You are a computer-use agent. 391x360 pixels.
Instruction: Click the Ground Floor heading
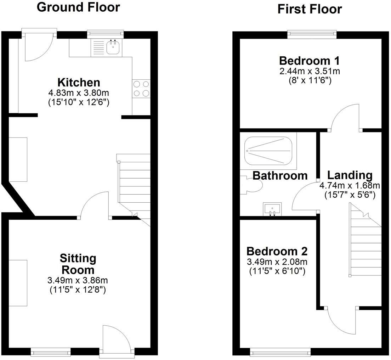coord(78,7)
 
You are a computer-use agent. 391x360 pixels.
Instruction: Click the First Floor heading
coord(310,9)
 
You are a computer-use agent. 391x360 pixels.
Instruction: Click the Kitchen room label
coord(79,83)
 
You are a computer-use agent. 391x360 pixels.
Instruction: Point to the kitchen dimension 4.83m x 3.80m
coord(79,93)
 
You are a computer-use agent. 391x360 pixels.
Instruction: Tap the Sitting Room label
coord(78,264)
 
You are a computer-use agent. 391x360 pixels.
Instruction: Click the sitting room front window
coord(50,351)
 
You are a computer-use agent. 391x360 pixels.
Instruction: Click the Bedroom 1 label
coord(310,60)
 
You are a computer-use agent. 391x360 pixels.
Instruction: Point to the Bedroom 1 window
coord(312,34)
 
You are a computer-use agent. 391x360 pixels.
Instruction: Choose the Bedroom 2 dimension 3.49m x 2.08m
coord(277,262)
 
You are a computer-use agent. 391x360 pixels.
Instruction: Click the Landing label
coord(350,175)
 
